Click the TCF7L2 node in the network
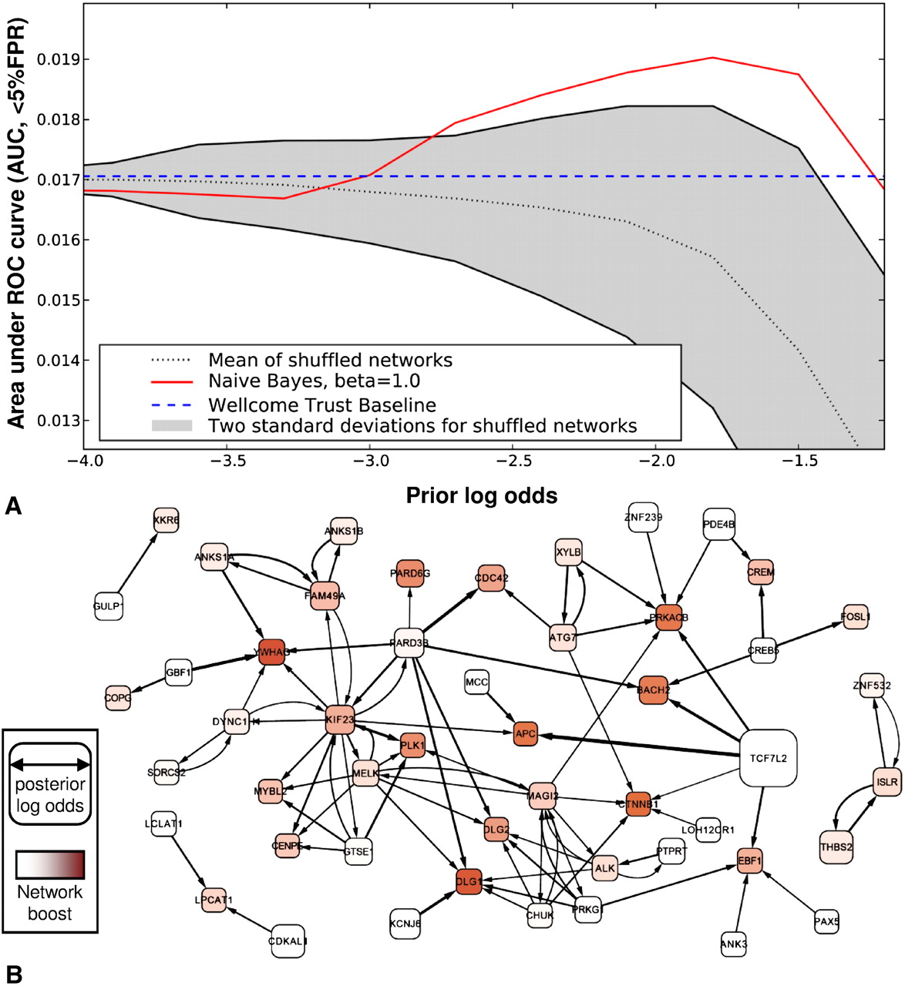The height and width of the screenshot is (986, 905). pos(768,758)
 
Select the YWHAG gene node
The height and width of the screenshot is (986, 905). pos(272,652)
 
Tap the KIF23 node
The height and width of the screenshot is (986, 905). pos(340,719)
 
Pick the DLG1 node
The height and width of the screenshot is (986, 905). pos(469,881)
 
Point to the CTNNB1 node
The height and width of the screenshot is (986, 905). pos(638,803)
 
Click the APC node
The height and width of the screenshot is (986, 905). pos(525,733)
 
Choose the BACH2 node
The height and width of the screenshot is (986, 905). pos(653,689)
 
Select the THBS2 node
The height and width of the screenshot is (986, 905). pos(836,847)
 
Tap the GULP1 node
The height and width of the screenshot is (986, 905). pos(108,605)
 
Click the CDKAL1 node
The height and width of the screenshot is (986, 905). pos(288,941)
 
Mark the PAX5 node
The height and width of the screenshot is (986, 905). pos(826,921)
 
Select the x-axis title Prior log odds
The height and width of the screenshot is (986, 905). pos(482,495)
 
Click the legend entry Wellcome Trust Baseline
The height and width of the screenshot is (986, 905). pos(321,405)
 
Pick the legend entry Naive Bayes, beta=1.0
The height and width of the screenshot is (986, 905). pos(314,381)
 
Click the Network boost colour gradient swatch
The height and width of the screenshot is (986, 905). pos(50,864)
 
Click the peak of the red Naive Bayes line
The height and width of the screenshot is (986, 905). pos(713,58)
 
